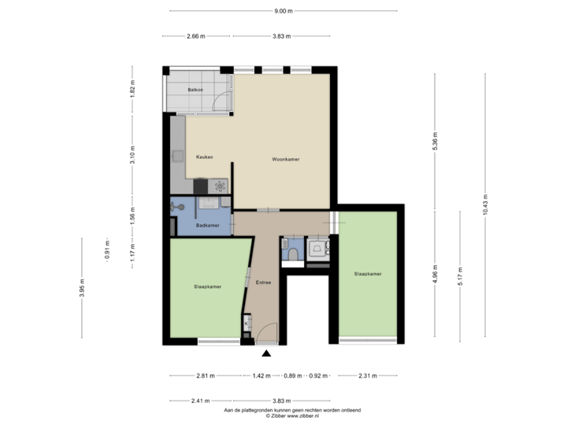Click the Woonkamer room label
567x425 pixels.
pos(287,159)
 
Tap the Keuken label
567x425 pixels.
pos(205,157)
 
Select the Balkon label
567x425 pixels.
pos(195,91)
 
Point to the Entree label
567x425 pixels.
pos(264,282)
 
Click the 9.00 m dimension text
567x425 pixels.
pos(283,11)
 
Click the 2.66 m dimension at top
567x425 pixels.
pos(196,36)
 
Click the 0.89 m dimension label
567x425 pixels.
pos(293,376)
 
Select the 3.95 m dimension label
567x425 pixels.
pos(82,289)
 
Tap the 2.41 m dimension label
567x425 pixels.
pos(200,400)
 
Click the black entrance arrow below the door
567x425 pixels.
pos(266,353)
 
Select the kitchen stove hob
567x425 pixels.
pos(220,186)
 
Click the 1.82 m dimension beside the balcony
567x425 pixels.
pos(133,91)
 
